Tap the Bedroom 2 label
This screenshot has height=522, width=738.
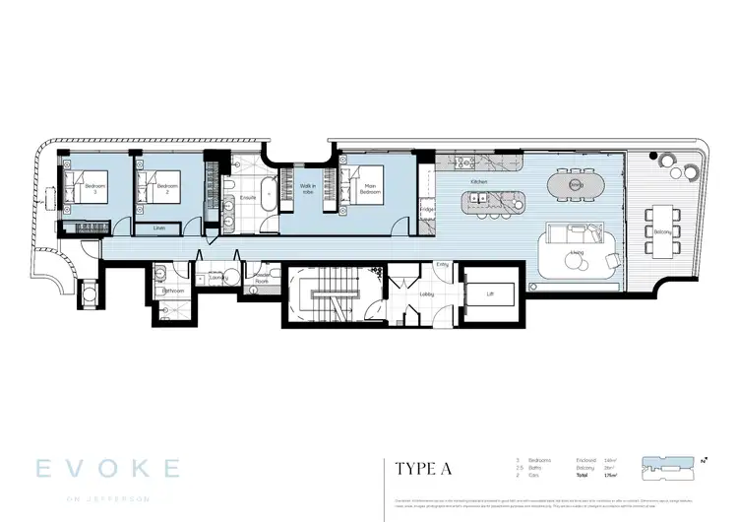(168, 187)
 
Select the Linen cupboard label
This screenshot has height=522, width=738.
(159, 227)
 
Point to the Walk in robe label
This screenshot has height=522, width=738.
(307, 189)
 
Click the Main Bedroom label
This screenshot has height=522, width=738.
(369, 187)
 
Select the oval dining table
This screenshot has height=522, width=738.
(578, 183)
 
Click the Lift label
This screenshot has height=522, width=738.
(489, 294)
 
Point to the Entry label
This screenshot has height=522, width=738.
(441, 264)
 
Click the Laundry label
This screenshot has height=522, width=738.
(217, 278)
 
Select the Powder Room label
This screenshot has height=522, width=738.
(262, 278)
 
